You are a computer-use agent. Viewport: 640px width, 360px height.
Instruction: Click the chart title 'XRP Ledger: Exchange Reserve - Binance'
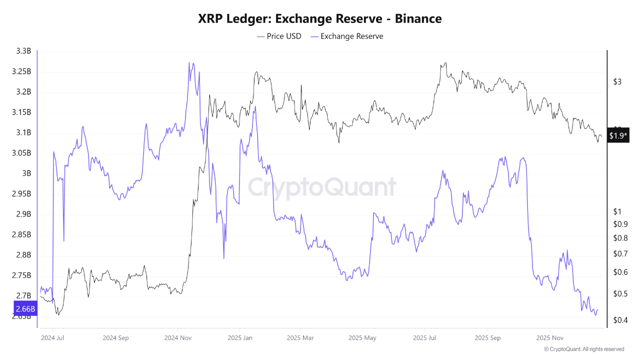319,19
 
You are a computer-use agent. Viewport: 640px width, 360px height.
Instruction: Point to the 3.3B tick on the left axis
23,51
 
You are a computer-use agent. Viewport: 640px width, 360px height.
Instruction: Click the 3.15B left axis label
21,112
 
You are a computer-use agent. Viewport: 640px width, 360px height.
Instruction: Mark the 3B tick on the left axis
25,173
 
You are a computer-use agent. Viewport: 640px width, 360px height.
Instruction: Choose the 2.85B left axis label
21,234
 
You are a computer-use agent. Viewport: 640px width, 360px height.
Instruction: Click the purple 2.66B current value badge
23,308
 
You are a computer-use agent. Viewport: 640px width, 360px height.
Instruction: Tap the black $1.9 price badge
618,135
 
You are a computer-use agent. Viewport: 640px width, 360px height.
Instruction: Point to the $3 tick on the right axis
617,81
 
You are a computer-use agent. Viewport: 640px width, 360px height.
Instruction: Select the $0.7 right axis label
620,254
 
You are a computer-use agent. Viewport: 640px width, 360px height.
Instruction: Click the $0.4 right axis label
620,320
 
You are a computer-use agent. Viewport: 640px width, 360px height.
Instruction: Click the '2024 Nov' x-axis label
177,337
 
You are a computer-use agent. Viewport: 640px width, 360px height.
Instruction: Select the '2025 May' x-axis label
363,337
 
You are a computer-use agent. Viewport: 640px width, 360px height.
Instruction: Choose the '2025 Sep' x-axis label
487,337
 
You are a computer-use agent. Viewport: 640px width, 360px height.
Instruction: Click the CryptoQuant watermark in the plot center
322,187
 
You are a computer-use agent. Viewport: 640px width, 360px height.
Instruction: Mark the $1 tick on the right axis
617,211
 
